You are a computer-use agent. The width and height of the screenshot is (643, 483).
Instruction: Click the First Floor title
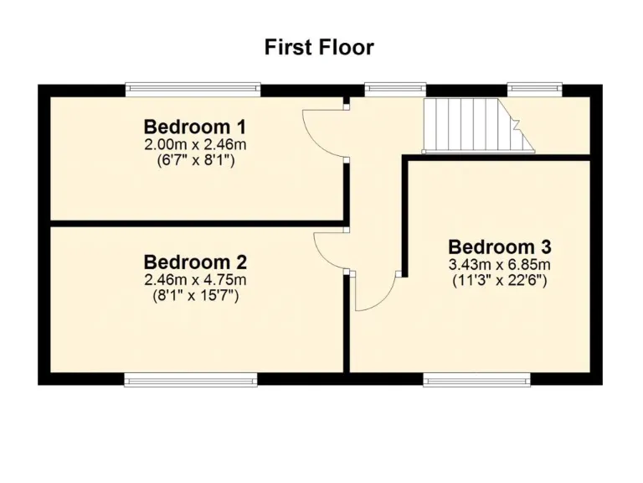click(319, 47)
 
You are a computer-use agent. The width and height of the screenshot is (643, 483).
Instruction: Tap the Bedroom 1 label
click(195, 127)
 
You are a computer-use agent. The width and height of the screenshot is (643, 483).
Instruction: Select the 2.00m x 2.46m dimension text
click(195, 145)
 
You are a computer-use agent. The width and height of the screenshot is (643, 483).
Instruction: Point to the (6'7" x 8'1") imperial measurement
click(195, 160)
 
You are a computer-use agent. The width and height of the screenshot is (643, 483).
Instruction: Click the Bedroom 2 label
click(195, 262)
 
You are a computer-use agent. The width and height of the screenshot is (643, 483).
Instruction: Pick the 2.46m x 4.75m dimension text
click(195, 279)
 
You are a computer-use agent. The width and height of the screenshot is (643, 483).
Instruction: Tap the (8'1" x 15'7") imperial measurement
click(195, 294)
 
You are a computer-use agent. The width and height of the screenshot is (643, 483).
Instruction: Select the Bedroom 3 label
click(500, 247)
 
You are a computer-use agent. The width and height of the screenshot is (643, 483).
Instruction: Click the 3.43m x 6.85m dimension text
click(500, 265)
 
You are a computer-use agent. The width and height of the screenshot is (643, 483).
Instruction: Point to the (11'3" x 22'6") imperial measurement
click(500, 280)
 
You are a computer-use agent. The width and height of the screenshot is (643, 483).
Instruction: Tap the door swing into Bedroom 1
click(322, 134)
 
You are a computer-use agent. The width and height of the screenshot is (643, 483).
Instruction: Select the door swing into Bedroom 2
click(331, 250)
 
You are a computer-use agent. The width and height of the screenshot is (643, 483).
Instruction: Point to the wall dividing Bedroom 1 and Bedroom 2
click(197, 224)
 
